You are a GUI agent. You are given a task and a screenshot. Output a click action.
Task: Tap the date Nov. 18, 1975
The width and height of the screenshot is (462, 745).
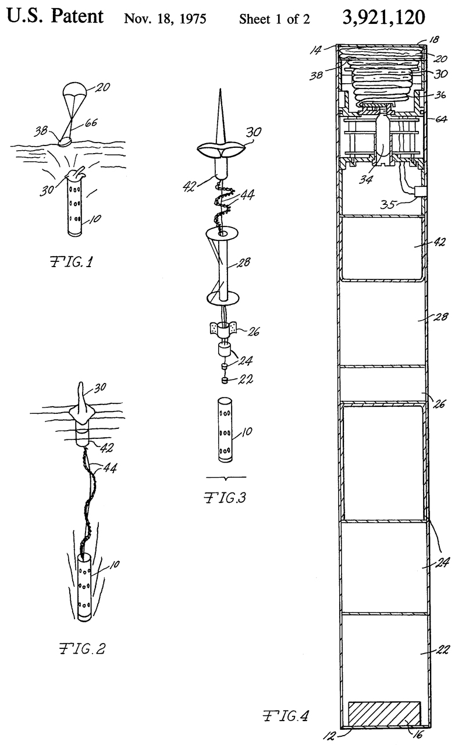pyautogui.click(x=166, y=19)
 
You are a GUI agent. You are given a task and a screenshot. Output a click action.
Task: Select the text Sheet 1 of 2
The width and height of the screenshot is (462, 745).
pyautogui.click(x=274, y=19)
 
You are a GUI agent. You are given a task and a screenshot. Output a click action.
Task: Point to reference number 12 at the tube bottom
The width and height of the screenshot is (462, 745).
pyautogui.click(x=330, y=735)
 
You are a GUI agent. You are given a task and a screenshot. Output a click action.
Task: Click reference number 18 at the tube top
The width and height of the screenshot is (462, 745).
pyautogui.click(x=433, y=40)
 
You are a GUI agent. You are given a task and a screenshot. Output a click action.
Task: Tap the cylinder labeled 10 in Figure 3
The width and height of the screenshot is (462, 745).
pyautogui.click(x=224, y=430)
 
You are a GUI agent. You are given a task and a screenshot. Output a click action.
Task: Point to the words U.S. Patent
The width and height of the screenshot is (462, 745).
pyautogui.click(x=55, y=16)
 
